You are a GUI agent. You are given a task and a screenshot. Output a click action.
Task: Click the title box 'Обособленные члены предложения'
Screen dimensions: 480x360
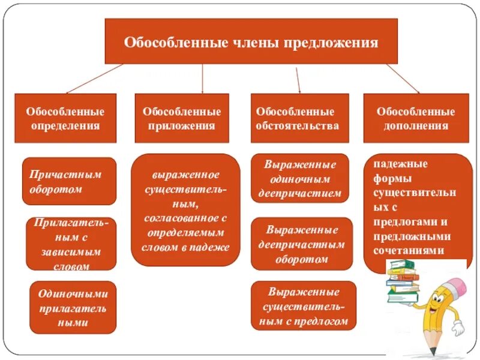click(x=251, y=41)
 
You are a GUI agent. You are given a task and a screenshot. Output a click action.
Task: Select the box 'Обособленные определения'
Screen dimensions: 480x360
click(x=65, y=118)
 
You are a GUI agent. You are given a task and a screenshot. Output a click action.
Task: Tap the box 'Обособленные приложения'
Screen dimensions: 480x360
click(x=181, y=118)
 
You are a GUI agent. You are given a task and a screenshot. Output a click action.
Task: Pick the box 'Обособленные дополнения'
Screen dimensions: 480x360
click(x=415, y=118)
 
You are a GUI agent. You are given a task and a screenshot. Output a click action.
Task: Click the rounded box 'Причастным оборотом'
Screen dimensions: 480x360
click(x=69, y=181)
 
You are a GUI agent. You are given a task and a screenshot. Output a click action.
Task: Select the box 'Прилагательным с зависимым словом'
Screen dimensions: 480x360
click(x=71, y=244)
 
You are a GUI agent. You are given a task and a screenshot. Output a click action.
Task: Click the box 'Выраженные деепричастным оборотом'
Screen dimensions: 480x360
click(x=301, y=244)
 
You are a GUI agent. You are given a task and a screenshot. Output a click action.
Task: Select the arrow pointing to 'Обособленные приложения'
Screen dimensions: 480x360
click(x=203, y=78)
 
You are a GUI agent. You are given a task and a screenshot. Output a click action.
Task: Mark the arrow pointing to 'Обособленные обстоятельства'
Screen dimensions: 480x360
click(x=298, y=78)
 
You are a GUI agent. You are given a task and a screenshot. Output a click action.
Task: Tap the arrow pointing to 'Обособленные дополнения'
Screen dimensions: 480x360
click(x=403, y=78)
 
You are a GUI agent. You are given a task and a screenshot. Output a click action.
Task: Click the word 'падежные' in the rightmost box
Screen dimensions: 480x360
click(x=392, y=164)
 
